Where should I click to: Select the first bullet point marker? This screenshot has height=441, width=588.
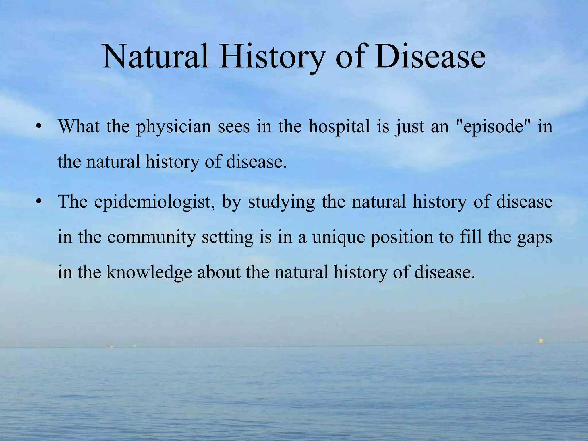tap(39, 127)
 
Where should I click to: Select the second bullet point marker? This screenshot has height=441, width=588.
tap(39, 202)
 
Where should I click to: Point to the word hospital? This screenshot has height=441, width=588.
tap(339, 127)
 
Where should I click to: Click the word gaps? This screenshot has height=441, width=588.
tap(535, 237)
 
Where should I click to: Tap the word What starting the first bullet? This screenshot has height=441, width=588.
tap(79, 127)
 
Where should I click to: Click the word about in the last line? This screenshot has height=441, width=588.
tap(218, 272)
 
